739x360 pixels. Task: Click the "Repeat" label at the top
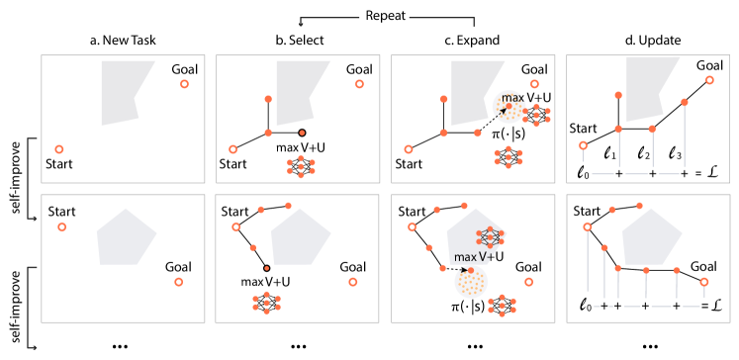tap(385, 17)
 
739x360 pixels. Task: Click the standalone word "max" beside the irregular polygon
tap(513, 98)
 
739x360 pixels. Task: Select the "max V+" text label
tap(472, 257)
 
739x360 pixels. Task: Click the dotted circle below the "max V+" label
tap(471, 282)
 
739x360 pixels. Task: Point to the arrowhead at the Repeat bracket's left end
tap(301, 25)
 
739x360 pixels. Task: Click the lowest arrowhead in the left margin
tap(35, 347)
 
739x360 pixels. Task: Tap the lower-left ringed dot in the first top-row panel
tap(59, 149)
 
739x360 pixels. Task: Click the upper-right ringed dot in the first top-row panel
tap(184, 84)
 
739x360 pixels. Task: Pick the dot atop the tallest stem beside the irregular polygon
tap(684, 102)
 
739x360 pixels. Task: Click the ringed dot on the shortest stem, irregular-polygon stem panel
tap(583, 145)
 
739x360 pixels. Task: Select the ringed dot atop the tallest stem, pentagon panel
tap(588, 226)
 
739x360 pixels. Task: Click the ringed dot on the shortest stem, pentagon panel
tap(704, 282)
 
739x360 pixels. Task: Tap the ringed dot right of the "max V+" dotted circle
tap(527, 282)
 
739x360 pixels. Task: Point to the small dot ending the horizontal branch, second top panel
tap(302, 133)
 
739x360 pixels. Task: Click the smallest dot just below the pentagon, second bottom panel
tap(266, 268)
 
